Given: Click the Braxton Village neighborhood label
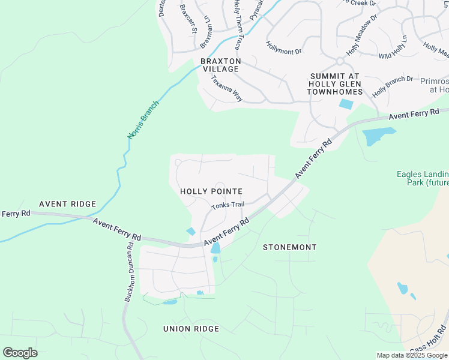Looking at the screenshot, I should coord(220,65).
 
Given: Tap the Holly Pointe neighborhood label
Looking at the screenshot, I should coord(211,191).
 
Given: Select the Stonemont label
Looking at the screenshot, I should coord(290,247).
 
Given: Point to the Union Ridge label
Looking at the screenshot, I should coord(191,329).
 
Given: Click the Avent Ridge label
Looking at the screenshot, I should coord(68,204).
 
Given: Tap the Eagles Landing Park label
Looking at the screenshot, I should coord(423,178).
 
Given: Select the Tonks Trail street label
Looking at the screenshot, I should coord(228,205).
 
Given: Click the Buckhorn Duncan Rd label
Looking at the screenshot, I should coord(128,276).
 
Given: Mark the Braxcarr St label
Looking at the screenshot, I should coord(188,18).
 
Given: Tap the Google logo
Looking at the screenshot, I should coord(20,353).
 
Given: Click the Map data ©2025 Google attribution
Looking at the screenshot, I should coord(412,355).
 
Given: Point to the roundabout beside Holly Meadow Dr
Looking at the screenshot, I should coord(340,61).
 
